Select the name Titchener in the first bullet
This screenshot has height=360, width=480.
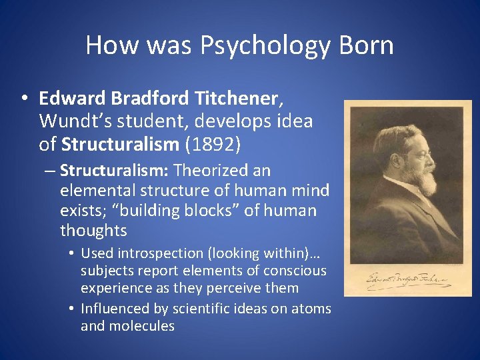237,99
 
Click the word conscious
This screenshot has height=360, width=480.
295,271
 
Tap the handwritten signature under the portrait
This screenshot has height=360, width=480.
407,279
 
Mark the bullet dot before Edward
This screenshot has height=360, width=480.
23,99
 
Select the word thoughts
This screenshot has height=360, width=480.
93,231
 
